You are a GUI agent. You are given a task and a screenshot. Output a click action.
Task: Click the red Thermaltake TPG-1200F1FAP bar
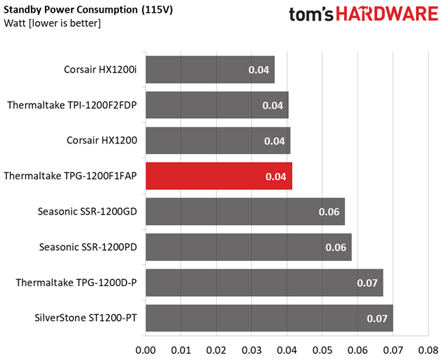219,176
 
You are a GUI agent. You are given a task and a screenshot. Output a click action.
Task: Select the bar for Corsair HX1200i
210,70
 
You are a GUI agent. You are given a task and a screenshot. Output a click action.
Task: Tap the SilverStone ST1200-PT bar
269,318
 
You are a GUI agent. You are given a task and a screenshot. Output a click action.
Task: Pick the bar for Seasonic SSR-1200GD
245,212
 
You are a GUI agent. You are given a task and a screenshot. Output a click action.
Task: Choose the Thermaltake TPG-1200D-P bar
265,283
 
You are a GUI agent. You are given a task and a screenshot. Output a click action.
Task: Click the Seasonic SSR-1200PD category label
88,247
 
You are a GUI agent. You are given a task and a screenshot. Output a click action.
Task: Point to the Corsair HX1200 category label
102,141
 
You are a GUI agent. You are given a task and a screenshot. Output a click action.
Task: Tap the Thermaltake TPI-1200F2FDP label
72,105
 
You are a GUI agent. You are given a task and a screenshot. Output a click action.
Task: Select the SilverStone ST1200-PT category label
86,318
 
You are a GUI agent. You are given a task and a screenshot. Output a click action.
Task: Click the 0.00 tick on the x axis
146,350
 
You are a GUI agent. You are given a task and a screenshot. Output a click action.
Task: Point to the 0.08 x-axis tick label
429,350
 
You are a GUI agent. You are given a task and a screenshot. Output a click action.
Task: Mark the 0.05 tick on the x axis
322,350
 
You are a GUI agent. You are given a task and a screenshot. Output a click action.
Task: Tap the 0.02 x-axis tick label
216,350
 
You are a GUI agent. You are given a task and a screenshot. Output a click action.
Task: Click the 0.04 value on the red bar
276,176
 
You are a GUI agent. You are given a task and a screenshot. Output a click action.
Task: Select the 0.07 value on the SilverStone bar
377,319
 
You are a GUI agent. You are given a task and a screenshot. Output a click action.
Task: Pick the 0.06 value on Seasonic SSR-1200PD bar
336,247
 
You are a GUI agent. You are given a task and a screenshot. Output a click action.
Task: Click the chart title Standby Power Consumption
70,10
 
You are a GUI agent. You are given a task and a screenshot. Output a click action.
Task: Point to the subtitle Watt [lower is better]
52,23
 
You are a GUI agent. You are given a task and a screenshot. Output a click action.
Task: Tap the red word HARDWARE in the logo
387,14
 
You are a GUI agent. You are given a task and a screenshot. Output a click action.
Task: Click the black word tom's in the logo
311,14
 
